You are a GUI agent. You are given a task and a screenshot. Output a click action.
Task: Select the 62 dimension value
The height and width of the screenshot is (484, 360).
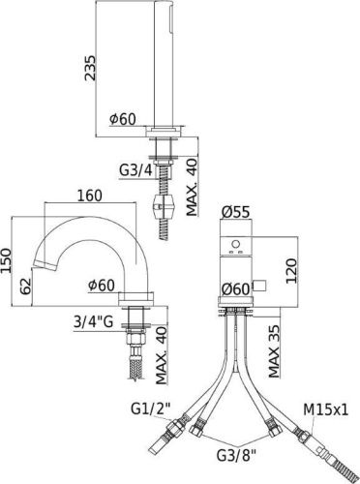30,284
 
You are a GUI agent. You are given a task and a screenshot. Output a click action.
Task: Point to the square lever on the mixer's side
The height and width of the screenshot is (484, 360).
258,287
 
